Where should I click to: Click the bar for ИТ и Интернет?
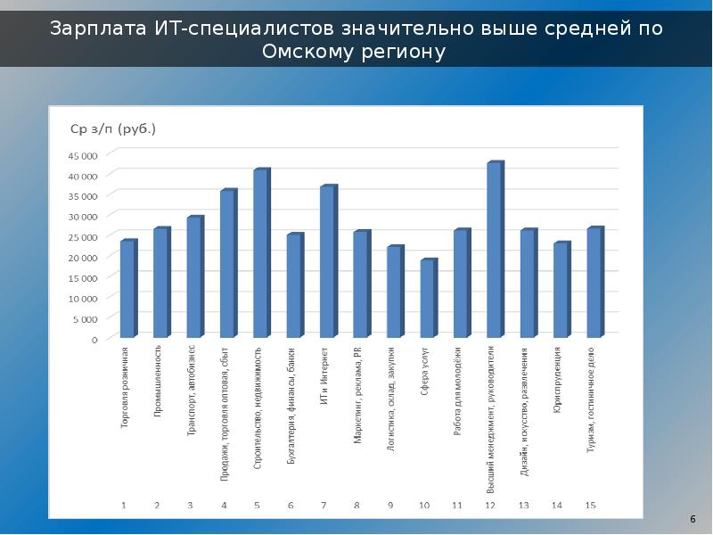327,262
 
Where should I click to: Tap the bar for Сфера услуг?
428,299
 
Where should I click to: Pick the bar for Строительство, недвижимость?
260,254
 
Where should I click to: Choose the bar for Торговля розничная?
127,290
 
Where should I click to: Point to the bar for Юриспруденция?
561,291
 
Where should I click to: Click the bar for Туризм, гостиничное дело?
594,284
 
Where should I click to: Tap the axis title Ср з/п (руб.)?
113,128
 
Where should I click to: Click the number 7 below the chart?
324,506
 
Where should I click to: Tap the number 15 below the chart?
590,506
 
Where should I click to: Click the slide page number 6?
693,519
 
